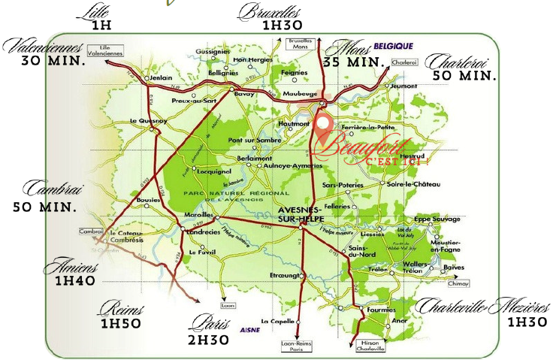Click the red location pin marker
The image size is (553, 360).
point(323,129)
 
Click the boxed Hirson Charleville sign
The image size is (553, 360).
point(368,346)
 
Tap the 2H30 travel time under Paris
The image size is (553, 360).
point(209,340)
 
